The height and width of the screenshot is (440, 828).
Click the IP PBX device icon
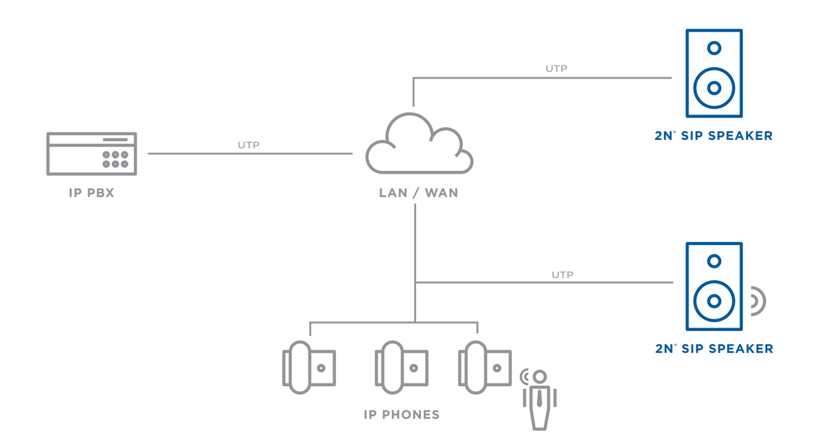pyautogui.click(x=92, y=153)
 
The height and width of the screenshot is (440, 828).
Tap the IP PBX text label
pyautogui.click(x=92, y=193)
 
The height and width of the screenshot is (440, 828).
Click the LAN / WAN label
pyautogui.click(x=418, y=193)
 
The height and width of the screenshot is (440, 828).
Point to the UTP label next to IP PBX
pyautogui.click(x=248, y=146)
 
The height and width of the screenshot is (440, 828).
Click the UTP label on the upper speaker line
pyautogui.click(x=556, y=68)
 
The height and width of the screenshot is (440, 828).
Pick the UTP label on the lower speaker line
pyautogui.click(x=562, y=274)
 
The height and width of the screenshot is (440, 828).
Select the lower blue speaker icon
pyautogui.click(x=713, y=286)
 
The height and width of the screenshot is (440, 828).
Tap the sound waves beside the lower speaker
pyautogui.click(x=758, y=301)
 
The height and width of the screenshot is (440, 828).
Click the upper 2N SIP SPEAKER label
pyautogui.click(x=713, y=136)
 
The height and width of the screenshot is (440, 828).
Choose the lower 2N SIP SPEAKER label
pyautogui.click(x=713, y=349)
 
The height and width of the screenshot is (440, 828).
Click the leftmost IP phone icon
pyautogui.click(x=308, y=367)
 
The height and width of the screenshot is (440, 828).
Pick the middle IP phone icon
pyautogui.click(x=401, y=367)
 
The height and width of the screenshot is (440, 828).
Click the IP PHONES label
pyautogui.click(x=401, y=414)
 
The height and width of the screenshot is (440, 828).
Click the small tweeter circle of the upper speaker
pyautogui.click(x=714, y=48)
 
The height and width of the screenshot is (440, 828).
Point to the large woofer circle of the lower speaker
pyautogui.click(x=714, y=301)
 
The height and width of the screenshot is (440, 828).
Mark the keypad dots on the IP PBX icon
pyautogui.click(x=115, y=159)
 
